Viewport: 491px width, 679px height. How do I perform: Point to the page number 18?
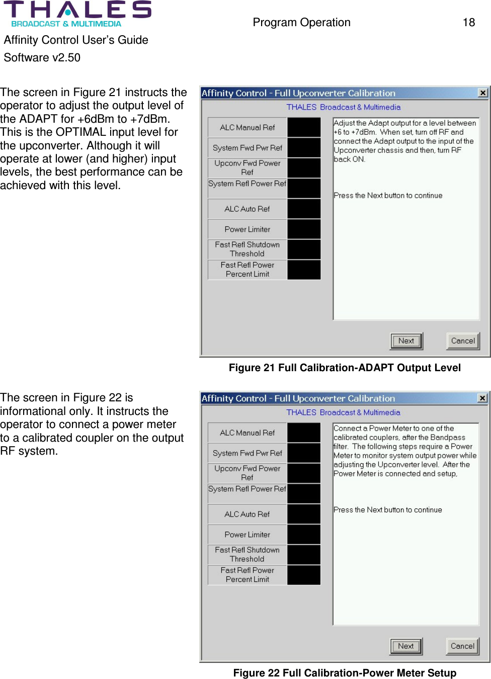pyautogui.click(x=468, y=22)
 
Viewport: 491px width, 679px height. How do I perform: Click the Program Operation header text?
pyautogui.click(x=301, y=22)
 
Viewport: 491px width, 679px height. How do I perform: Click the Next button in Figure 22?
pyautogui.click(x=406, y=646)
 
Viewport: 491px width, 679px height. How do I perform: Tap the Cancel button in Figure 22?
pyautogui.click(x=462, y=646)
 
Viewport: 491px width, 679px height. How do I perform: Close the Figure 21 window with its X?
pyautogui.click(x=483, y=93)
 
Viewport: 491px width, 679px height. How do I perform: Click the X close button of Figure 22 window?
pyautogui.click(x=482, y=398)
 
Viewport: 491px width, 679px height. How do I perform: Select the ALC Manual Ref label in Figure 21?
pyautogui.click(x=248, y=128)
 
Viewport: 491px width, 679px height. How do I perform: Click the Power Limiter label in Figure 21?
pyautogui.click(x=248, y=229)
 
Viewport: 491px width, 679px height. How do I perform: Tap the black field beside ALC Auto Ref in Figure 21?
pyautogui.click(x=304, y=209)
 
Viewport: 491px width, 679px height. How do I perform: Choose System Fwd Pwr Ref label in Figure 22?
pyautogui.click(x=248, y=453)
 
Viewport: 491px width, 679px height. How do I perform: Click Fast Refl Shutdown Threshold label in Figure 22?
pyautogui.click(x=248, y=554)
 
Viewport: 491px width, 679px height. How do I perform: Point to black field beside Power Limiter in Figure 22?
pyautogui.click(x=304, y=534)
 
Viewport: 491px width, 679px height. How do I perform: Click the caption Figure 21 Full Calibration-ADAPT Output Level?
pyautogui.click(x=345, y=368)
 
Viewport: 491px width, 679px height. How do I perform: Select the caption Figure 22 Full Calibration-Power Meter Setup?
pyautogui.click(x=345, y=673)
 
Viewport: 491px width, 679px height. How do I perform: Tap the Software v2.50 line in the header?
pyautogui.click(x=42, y=57)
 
